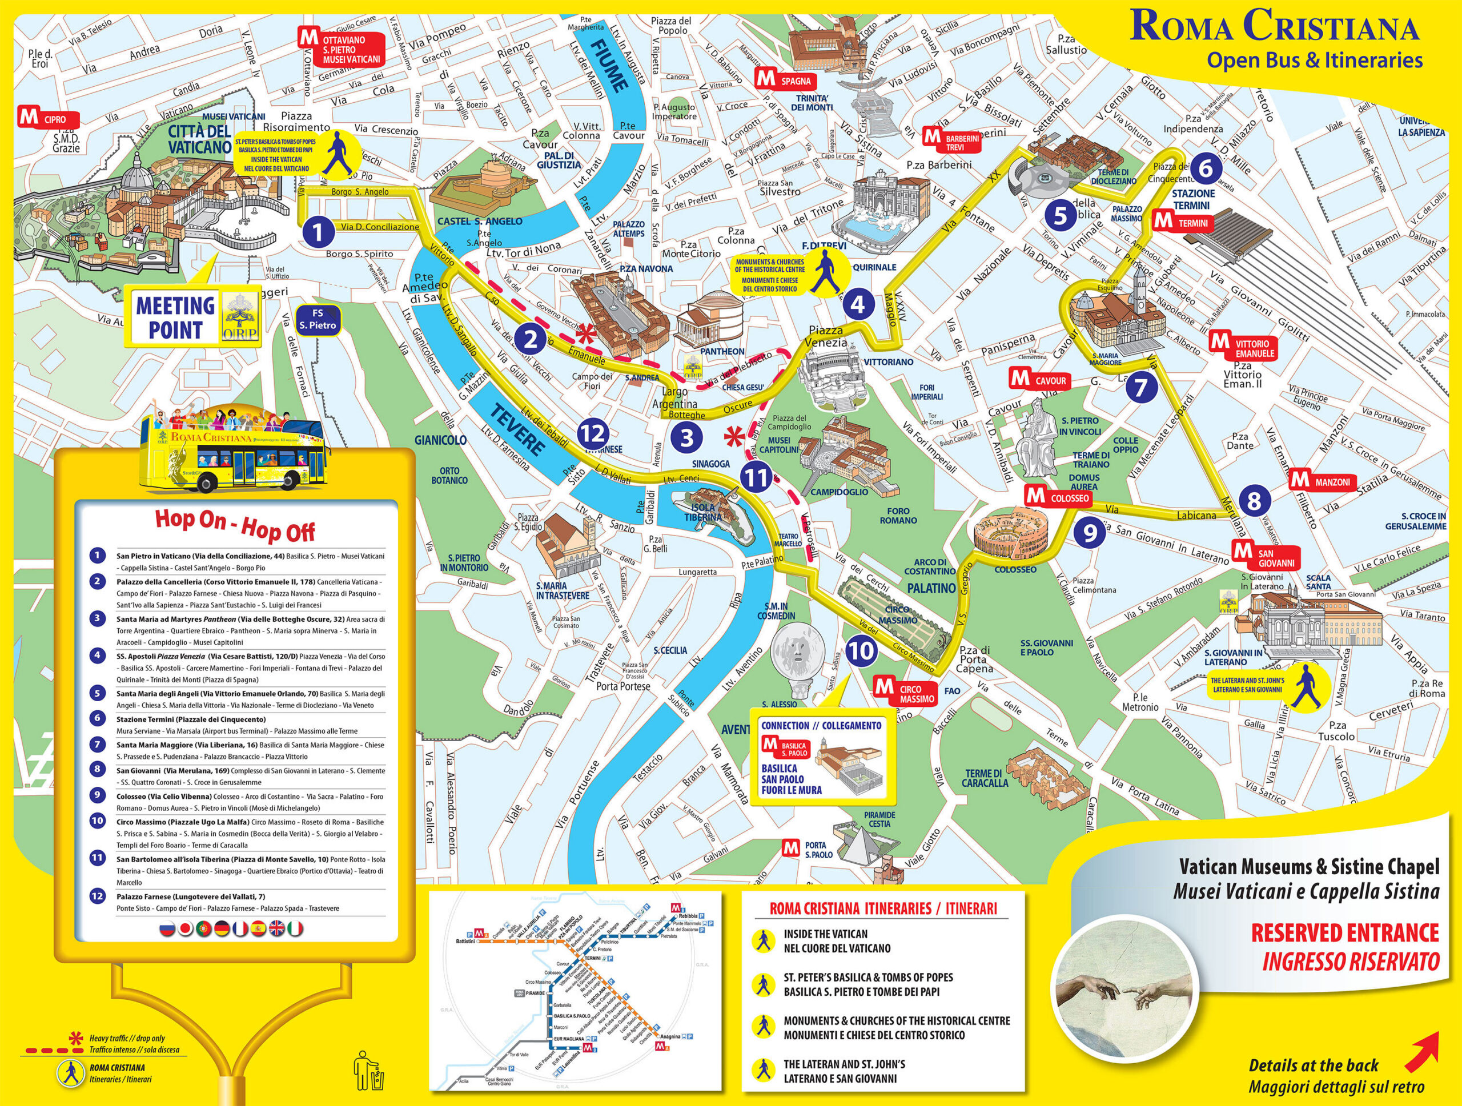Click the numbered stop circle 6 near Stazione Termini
[x=1206, y=168]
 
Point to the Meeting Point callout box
[x=194, y=317]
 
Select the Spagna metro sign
[x=786, y=81]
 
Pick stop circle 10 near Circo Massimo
[x=861, y=651]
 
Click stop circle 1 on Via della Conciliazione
[x=318, y=232]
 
